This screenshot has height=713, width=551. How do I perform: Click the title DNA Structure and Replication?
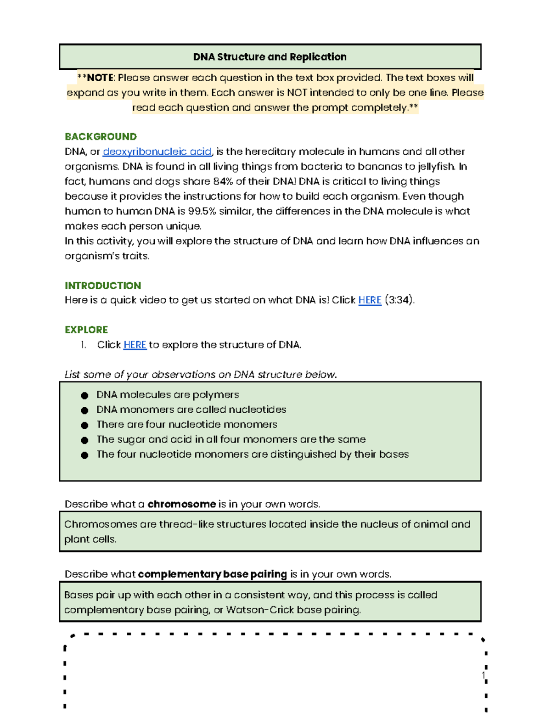270,57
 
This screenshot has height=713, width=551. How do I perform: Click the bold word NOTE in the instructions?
100,78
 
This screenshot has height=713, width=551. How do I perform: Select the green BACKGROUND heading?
101,137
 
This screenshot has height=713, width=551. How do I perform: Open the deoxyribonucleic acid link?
157,152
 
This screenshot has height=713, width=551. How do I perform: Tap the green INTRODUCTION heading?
103,286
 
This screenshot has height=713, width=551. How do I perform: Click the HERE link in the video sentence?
370,300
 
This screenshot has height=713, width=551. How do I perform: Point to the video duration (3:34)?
399,300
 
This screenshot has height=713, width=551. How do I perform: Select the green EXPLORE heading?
86,330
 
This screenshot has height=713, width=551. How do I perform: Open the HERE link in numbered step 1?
135,345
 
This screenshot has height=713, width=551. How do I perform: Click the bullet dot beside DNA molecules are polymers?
84,395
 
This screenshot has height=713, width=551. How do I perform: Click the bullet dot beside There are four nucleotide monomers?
84,425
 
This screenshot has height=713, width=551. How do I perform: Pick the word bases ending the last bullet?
394,454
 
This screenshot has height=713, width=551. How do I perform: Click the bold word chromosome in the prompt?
181,504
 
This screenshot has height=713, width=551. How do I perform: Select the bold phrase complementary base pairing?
212,574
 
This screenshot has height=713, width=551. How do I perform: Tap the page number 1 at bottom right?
483,675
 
